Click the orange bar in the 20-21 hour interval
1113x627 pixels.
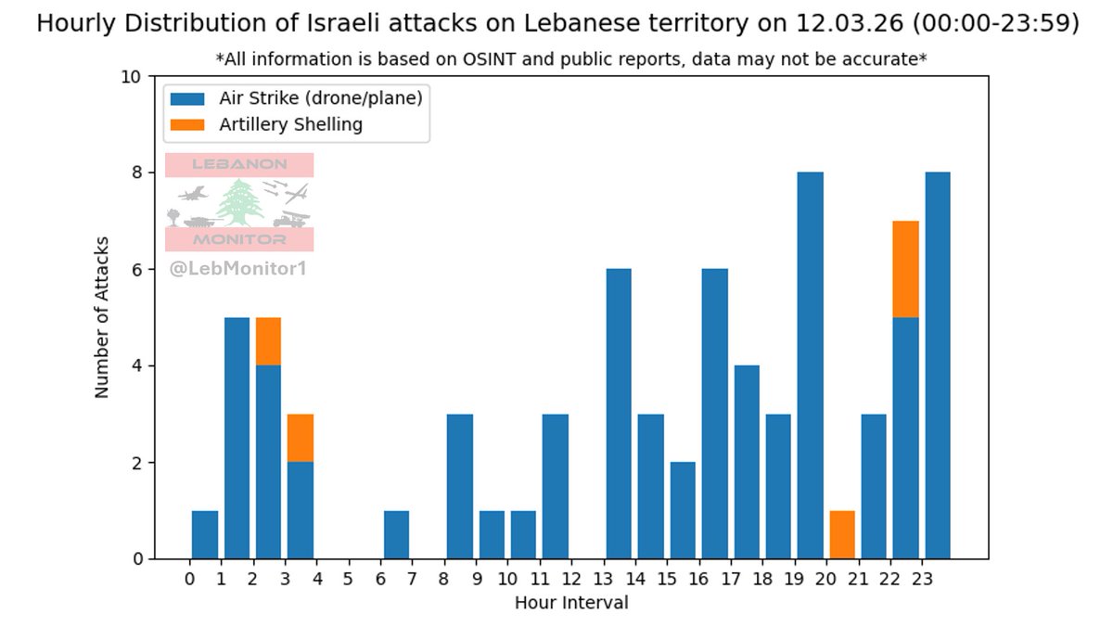point(842,534)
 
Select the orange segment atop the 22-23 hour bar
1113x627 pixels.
point(905,270)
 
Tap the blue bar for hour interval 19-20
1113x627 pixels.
point(811,365)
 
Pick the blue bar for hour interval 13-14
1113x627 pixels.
point(619,414)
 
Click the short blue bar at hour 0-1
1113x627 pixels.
point(205,534)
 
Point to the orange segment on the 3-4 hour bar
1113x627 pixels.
point(301,438)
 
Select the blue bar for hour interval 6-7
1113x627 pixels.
point(396,534)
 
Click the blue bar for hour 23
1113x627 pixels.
point(938,365)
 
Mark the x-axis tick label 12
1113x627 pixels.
point(571,578)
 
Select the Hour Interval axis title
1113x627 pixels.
point(571,603)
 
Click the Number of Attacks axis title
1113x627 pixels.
point(102,317)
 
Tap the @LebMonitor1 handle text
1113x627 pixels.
point(237,270)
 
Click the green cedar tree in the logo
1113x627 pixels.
point(240,203)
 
